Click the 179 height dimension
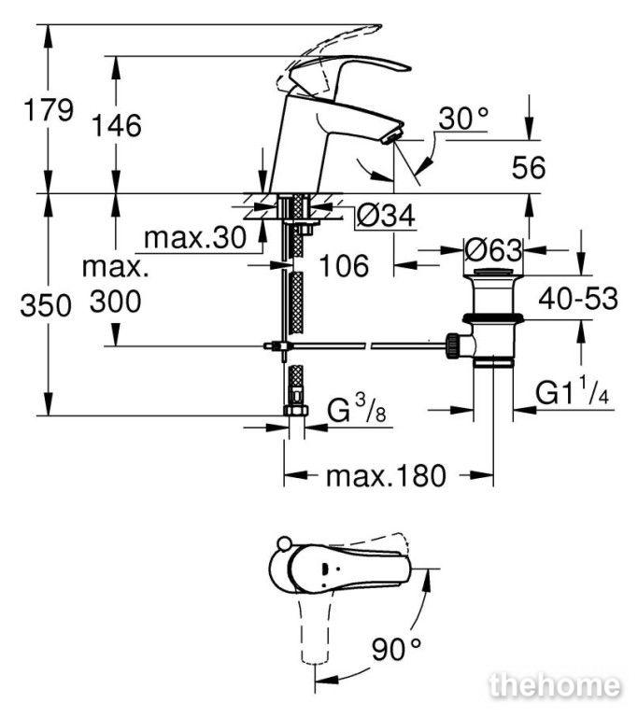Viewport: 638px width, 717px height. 49,110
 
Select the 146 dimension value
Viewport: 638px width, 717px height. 117,125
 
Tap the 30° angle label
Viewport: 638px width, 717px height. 463,119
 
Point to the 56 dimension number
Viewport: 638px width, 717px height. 529,167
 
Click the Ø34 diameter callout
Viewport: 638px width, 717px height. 386,215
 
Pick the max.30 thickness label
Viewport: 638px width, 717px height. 195,238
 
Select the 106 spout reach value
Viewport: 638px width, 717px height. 344,266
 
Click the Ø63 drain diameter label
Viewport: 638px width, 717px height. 493,250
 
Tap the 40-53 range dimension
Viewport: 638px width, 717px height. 578,299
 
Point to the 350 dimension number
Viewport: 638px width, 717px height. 46,305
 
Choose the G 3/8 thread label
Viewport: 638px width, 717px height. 357,409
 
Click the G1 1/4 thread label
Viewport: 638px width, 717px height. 572,391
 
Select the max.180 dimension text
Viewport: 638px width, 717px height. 386,475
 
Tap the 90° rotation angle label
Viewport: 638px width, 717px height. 396,649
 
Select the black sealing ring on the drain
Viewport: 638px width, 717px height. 492,318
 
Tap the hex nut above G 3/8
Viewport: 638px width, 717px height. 296,410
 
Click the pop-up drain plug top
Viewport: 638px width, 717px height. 492,273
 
